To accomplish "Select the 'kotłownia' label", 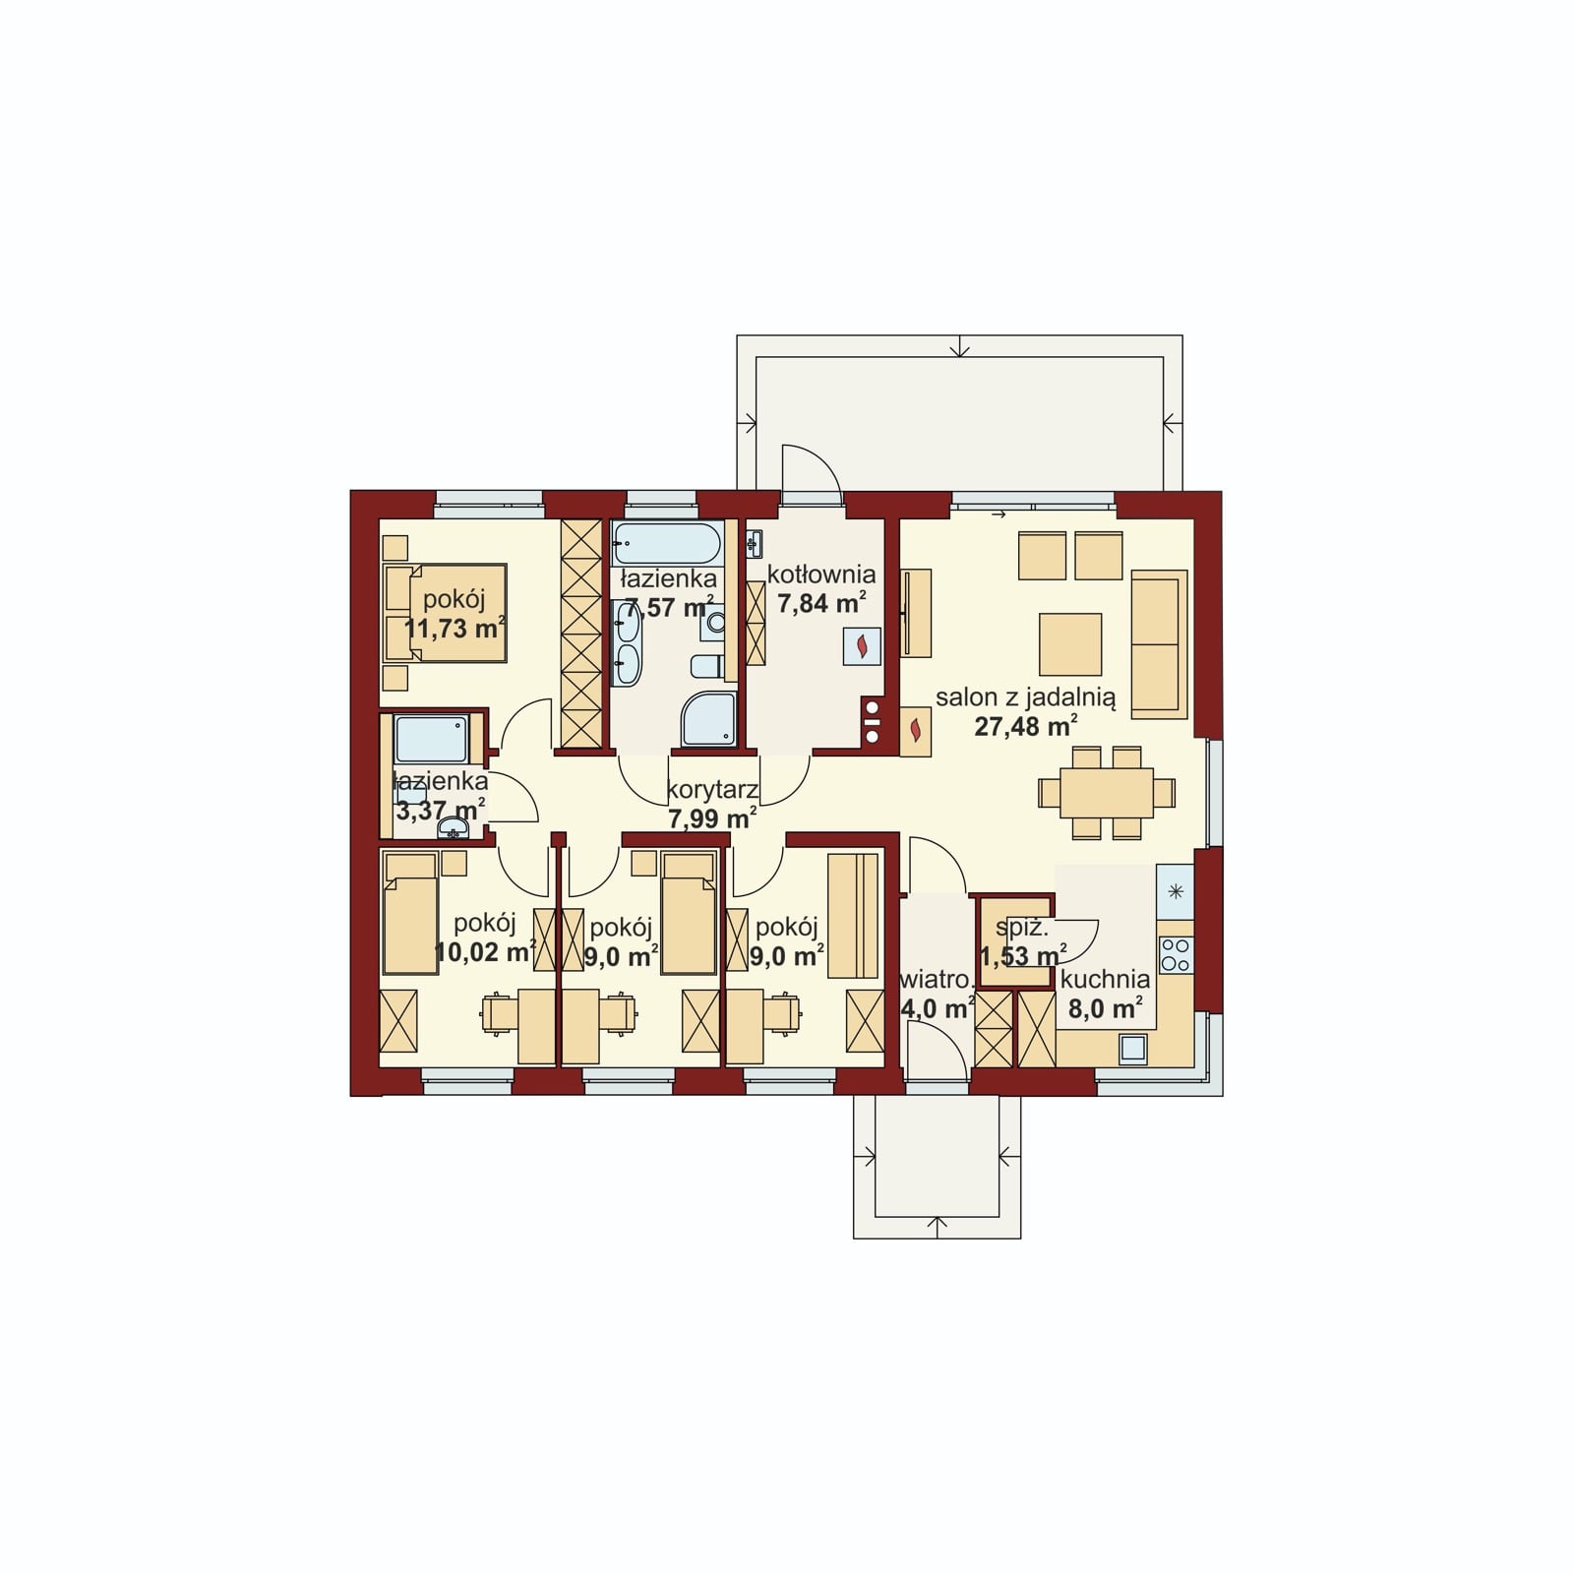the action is pyautogui.click(x=821, y=575).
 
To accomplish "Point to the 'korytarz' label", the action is pyautogui.click(x=712, y=789).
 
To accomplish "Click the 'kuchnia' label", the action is pyautogui.click(x=1105, y=980).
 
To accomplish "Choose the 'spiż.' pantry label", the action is pyautogui.click(x=1022, y=927).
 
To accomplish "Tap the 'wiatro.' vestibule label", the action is pyautogui.click(x=938, y=981).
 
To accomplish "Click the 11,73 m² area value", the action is pyautogui.click(x=455, y=628).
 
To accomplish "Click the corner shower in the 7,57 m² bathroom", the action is pyautogui.click(x=709, y=718).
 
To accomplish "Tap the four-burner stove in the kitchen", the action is pyautogui.click(x=1176, y=954).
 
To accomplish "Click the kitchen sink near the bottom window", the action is pyautogui.click(x=1132, y=1049).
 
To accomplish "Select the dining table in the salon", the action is pyautogui.click(x=1107, y=793).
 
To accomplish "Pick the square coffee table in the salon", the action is pyautogui.click(x=1070, y=643).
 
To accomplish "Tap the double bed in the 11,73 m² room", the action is pyautogui.click(x=445, y=613).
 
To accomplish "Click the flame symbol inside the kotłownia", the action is pyautogui.click(x=863, y=646).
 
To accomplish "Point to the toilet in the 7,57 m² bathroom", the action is pyautogui.click(x=706, y=666).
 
